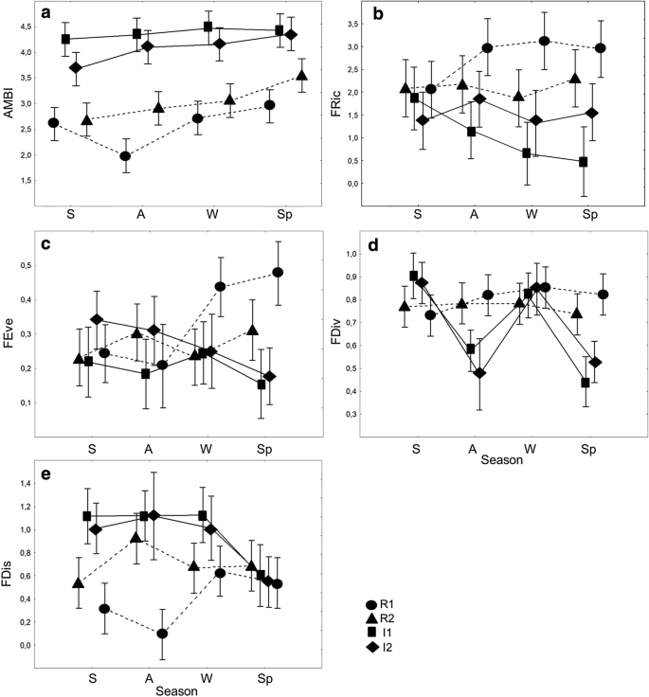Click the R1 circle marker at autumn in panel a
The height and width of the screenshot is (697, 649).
coord(125,156)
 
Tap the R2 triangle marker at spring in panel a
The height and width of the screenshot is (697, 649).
coord(301,76)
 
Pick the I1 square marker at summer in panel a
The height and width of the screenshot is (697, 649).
coord(66,40)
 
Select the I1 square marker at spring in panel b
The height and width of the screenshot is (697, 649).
coord(583,162)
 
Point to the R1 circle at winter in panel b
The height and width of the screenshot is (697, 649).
coord(545,42)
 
